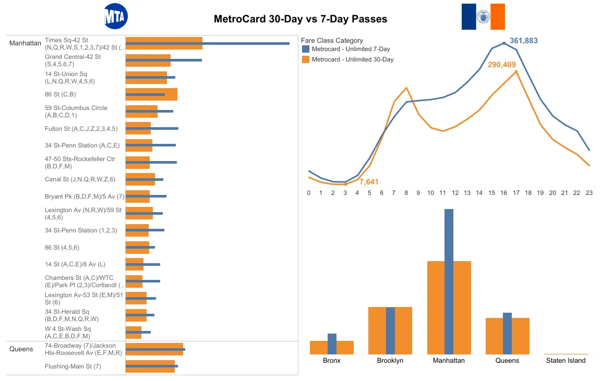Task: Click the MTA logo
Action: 115,17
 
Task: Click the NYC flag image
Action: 483,17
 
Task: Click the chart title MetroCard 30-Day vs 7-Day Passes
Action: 300,19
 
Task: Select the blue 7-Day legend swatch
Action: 306,49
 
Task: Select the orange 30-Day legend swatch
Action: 306,59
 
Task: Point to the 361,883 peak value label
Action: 523,41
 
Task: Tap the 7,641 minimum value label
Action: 369,182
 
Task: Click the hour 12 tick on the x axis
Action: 455,193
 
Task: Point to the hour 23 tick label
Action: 589,193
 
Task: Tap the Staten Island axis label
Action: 566,361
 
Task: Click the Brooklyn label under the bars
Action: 390,361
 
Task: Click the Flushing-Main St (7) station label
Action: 73,366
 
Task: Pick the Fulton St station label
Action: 81,128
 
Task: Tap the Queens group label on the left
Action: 21,349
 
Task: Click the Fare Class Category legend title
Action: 332,40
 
